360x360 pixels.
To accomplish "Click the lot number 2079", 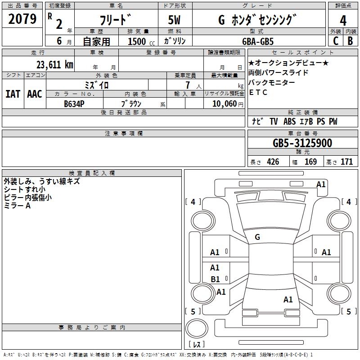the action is [22, 19].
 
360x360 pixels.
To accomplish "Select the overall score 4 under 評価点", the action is [343, 20].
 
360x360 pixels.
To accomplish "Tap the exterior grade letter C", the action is [336, 41].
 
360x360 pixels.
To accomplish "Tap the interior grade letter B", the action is [350, 41].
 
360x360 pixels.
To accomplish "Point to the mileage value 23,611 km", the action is [55, 65].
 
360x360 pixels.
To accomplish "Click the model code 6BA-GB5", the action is [258, 41].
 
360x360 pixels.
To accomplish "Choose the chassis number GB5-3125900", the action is [302, 143].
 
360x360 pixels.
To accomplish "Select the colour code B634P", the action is [74, 104].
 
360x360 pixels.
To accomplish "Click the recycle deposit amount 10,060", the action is [225, 104].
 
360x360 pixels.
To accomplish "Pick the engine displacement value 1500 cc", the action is [141, 41].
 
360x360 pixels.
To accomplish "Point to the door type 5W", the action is [174, 20].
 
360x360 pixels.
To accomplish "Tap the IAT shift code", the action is [13, 94].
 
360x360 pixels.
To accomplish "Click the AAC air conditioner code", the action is [35, 94].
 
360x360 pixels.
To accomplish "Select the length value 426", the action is [273, 162].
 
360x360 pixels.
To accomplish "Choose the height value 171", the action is [346, 162].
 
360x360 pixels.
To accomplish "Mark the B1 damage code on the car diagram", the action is [216, 279].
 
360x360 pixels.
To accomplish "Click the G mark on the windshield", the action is [257, 237].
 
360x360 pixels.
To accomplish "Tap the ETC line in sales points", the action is [258, 92].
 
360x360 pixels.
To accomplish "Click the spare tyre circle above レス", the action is [197, 328].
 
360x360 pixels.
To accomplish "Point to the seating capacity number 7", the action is [188, 85].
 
